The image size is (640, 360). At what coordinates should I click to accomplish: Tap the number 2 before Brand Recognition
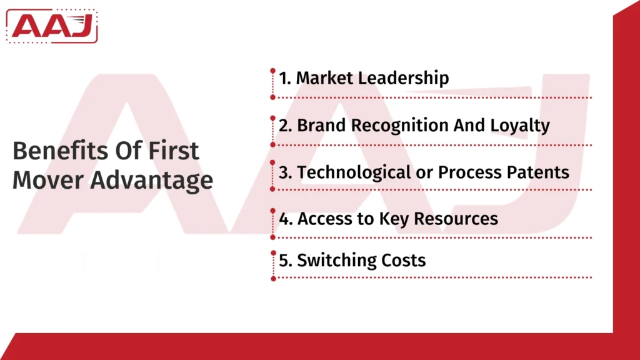point(283,125)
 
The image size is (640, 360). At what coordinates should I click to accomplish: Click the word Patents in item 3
point(537,172)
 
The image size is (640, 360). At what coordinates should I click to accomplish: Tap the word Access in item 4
point(321,219)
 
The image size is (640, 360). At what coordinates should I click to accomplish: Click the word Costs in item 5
point(404,260)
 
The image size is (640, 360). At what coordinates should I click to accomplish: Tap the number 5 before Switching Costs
point(283,260)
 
